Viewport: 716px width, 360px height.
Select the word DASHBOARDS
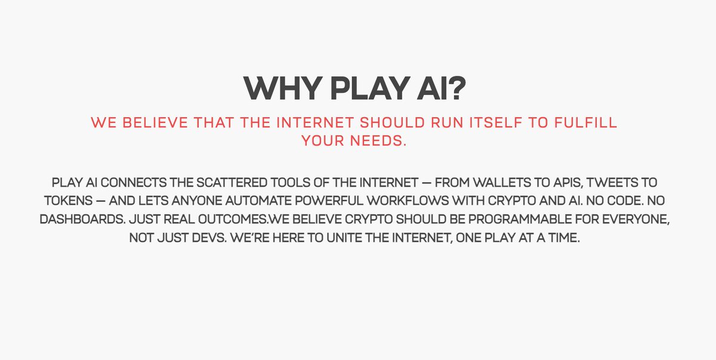tap(76, 219)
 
